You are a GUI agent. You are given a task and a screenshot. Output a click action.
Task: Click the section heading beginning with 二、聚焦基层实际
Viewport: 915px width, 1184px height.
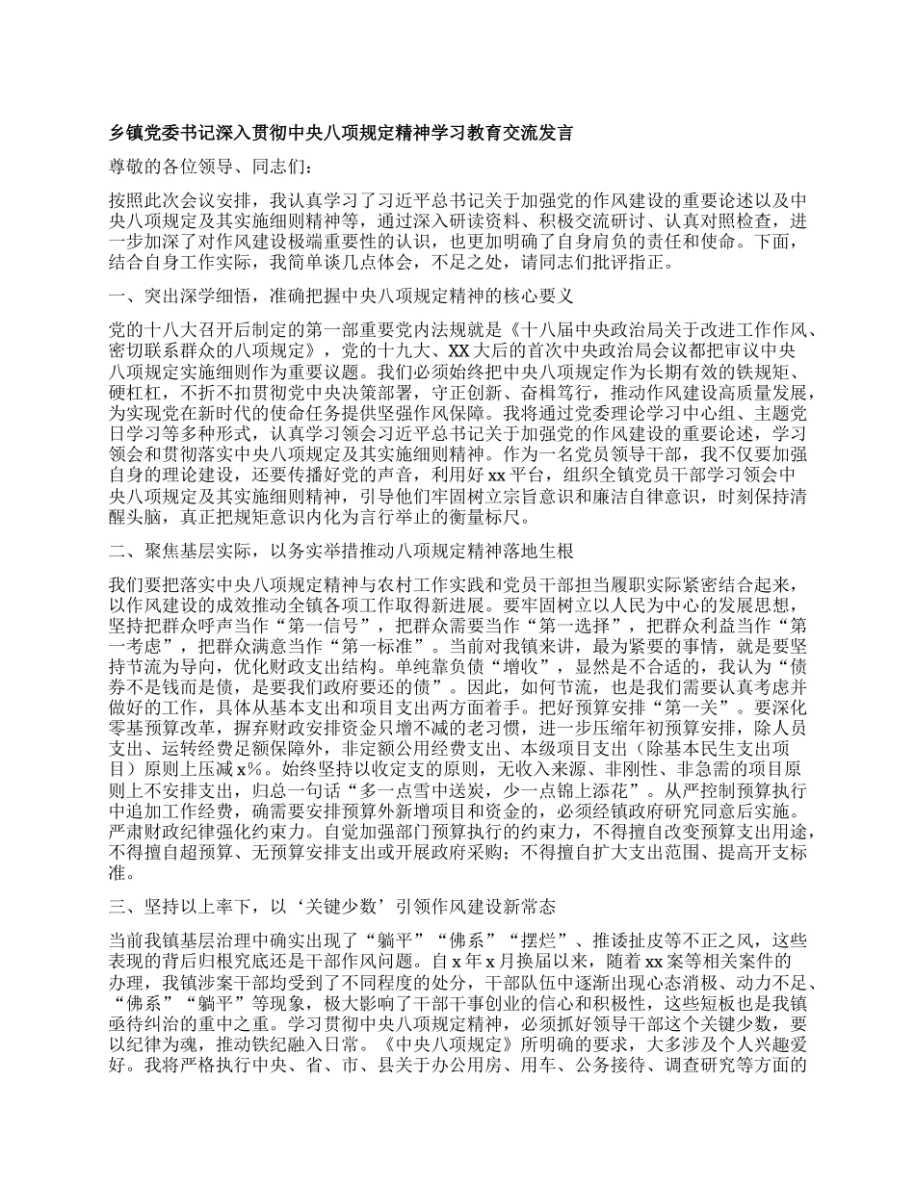(342, 552)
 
